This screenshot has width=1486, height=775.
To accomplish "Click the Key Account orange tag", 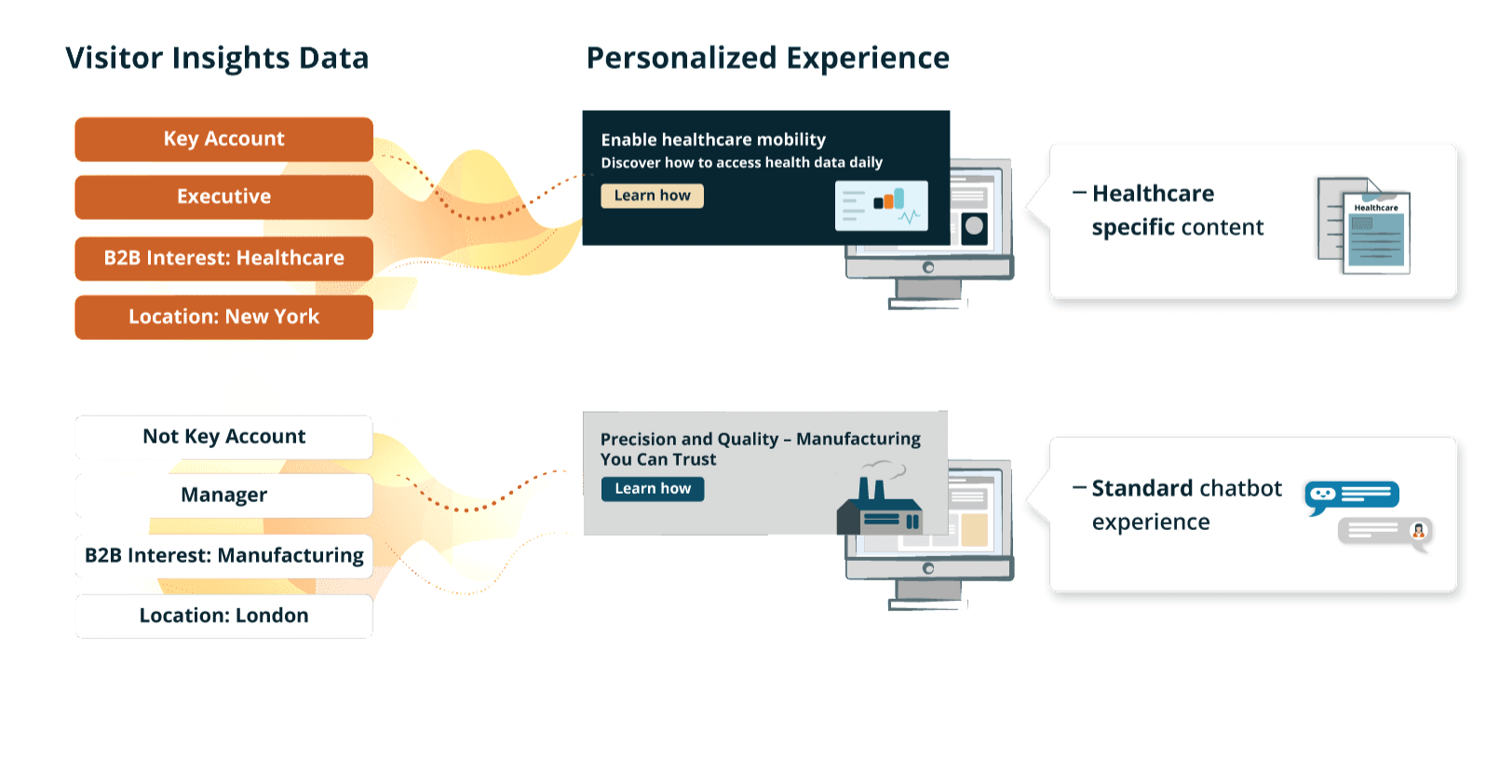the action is tap(223, 140).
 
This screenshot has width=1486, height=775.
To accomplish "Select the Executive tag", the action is tap(223, 197).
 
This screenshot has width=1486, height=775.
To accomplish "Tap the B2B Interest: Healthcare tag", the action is tap(223, 258).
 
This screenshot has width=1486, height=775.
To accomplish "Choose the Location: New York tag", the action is tap(223, 317).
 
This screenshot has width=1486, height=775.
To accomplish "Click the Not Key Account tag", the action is tap(223, 437).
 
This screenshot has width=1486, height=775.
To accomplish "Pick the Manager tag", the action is tap(223, 495).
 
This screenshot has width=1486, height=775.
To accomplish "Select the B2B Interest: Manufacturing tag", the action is tap(223, 555).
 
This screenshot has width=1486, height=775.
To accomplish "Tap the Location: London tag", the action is tap(223, 616).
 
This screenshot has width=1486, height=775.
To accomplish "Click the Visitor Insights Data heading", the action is tap(217, 59).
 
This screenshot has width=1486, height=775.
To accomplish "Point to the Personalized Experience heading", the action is tap(767, 59).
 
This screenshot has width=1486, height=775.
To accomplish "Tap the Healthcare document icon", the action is tap(1364, 225).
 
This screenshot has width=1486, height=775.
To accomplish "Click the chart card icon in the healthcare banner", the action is tap(881, 206).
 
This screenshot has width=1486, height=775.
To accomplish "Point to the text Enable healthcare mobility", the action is tap(713, 140).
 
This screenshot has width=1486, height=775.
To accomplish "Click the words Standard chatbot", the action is tap(1187, 488).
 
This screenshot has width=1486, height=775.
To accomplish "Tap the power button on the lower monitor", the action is tap(928, 568).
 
